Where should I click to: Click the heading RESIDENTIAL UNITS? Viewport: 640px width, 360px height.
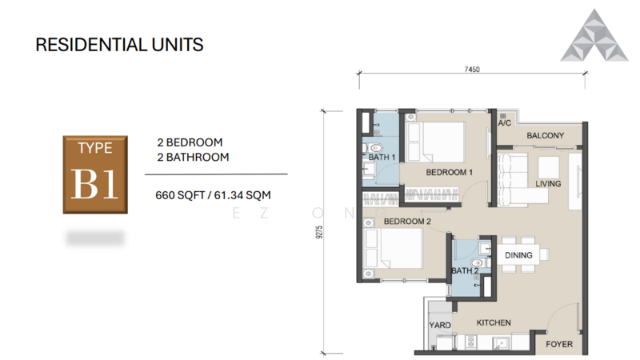click(x=119, y=44)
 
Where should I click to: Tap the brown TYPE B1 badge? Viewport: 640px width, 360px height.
click(x=95, y=174)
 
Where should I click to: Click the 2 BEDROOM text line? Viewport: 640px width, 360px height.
click(x=190, y=142)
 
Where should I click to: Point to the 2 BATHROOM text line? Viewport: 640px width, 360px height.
click(x=193, y=157)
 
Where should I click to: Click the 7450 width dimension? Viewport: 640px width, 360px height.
click(x=472, y=70)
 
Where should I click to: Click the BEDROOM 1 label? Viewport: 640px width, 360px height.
click(x=450, y=173)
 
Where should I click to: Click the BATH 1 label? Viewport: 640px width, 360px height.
click(x=382, y=158)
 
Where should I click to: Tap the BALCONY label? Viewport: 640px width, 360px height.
click(x=546, y=136)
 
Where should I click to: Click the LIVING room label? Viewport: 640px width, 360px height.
click(x=548, y=184)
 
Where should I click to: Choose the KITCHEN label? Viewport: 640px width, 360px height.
click(x=494, y=322)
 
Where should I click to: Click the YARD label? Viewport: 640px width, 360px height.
click(x=440, y=326)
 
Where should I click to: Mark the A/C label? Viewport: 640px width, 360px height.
click(x=504, y=124)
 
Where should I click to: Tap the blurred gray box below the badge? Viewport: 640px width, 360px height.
click(x=95, y=238)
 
